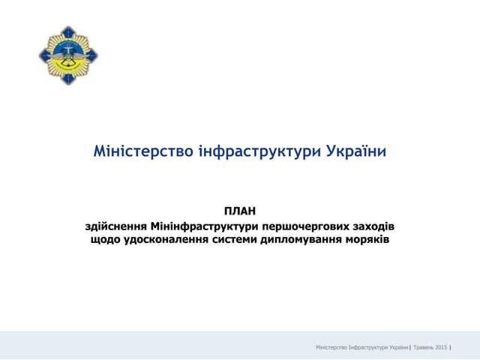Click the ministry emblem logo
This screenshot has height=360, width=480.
68,54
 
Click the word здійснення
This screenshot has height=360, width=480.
116,225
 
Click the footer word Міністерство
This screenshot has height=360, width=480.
332,347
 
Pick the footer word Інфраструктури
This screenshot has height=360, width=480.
369,347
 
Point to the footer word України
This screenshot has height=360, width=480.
399,347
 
